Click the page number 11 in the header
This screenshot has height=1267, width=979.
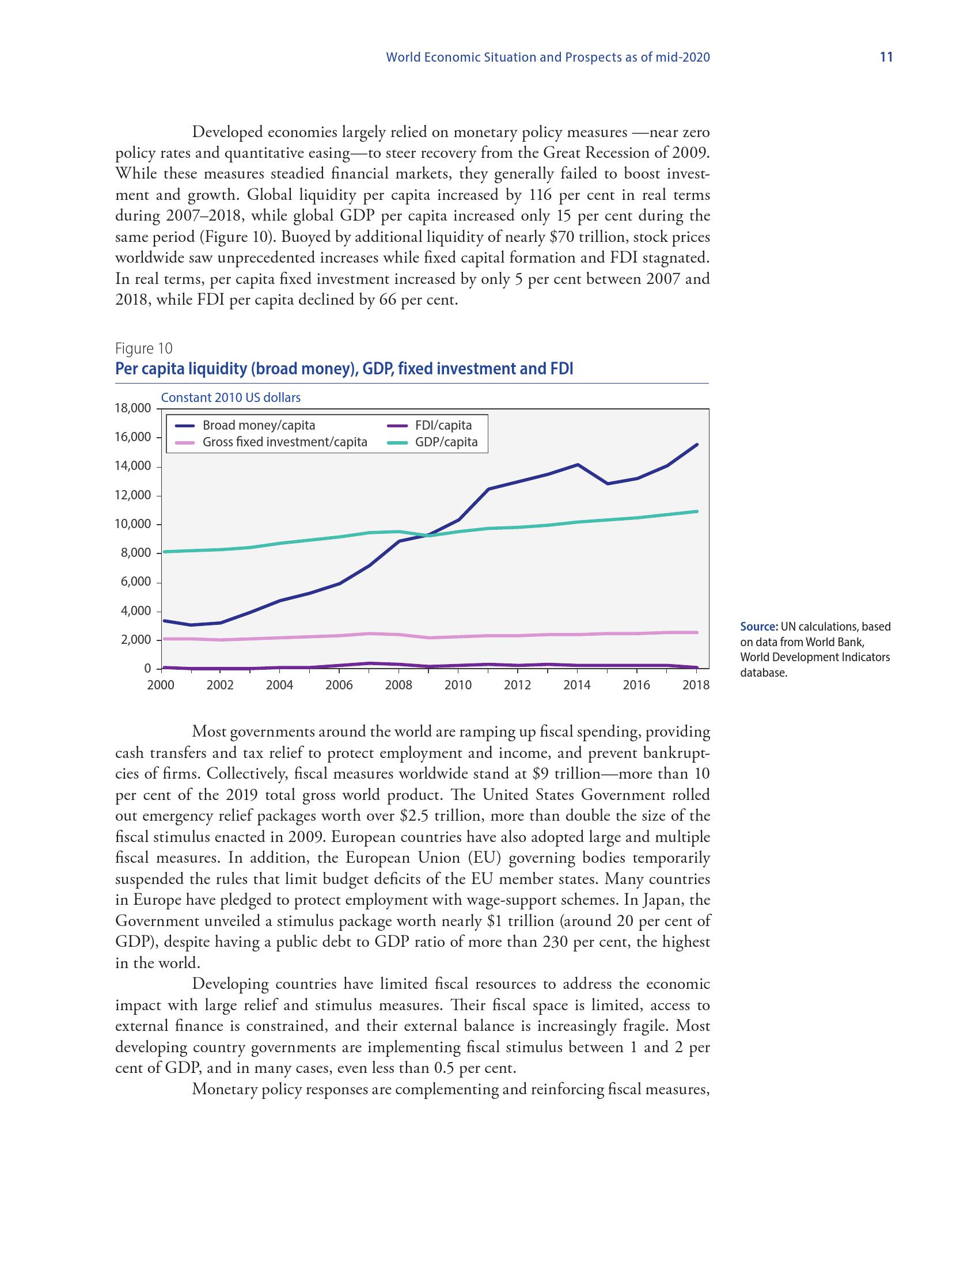[x=886, y=57]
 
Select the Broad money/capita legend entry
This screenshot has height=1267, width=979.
[x=258, y=425]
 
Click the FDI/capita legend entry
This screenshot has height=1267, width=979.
[x=443, y=425]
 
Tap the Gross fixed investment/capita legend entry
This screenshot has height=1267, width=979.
[x=284, y=442]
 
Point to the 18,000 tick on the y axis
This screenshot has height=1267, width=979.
[x=133, y=408]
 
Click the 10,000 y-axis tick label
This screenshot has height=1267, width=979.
[x=133, y=525]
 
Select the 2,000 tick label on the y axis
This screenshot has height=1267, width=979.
[x=136, y=640]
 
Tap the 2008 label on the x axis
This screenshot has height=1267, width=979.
[x=399, y=685]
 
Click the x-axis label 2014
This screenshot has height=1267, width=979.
[x=577, y=685]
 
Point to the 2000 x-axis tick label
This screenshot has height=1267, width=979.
[x=161, y=685]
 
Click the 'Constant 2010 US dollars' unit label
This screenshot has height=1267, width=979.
[x=231, y=398]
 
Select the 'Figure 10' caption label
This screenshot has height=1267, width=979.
[x=144, y=348]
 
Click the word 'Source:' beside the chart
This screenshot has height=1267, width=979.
[x=758, y=627]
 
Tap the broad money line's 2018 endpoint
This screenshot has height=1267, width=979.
[x=697, y=445]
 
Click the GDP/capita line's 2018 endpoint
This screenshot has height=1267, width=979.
[x=697, y=511]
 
